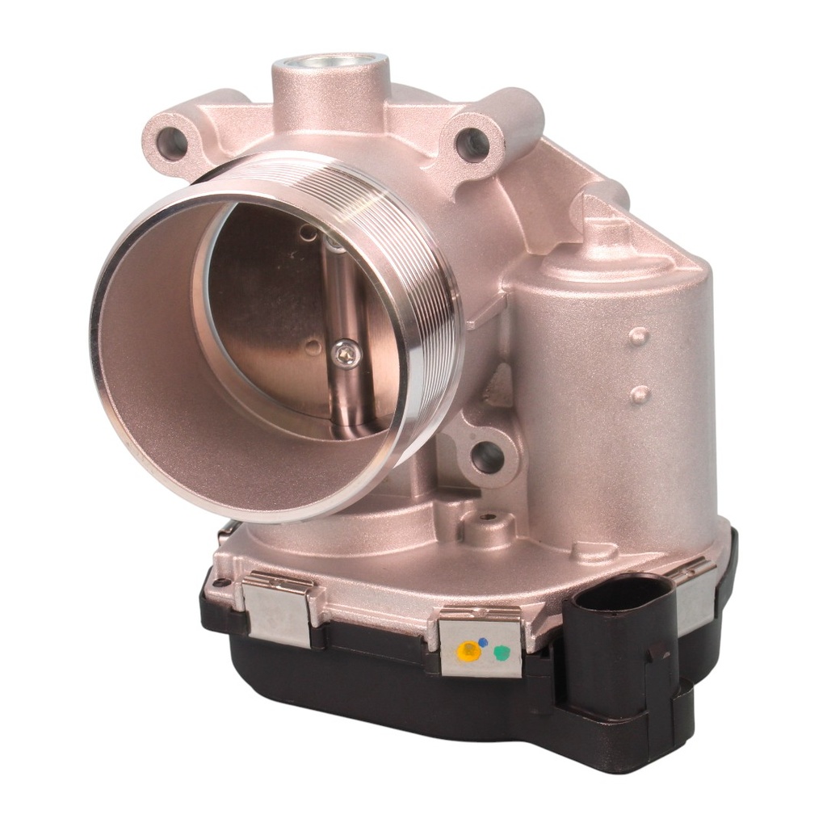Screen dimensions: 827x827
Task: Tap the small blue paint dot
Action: pos(483,642)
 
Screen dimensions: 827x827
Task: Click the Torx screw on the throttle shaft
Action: pos(346,352)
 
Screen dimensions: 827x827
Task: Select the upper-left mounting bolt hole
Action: pos(173,143)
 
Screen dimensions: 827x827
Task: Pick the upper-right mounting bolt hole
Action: pos(472,145)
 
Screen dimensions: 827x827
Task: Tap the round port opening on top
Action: pos(331,64)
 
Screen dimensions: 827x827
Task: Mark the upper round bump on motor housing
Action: pos(639,336)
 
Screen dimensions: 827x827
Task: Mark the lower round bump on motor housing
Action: pos(640,394)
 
